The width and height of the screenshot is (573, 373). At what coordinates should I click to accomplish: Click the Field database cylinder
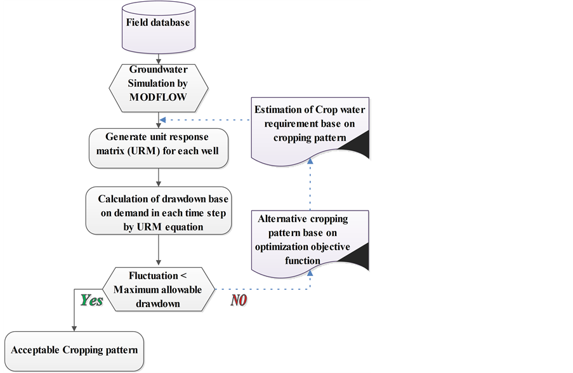[x=157, y=25]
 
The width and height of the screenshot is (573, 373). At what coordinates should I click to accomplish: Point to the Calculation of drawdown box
[x=157, y=209]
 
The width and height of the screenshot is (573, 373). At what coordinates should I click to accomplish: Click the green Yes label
[x=91, y=301]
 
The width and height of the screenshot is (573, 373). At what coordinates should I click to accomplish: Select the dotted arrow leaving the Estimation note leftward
[x=203, y=119]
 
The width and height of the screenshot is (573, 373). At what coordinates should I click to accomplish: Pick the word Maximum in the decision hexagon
[x=136, y=290]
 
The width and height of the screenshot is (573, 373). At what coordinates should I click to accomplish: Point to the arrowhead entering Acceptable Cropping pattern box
[x=74, y=328]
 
